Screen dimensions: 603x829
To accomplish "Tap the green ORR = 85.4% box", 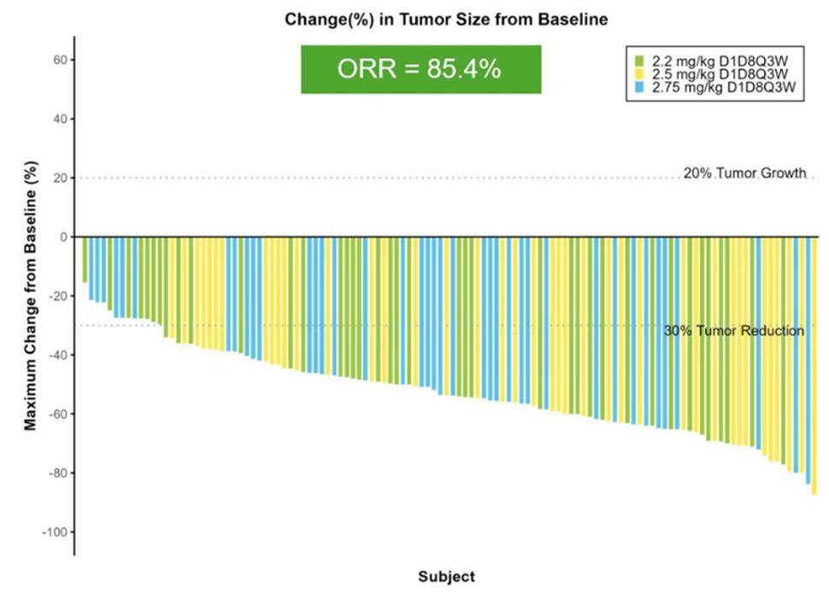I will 420,69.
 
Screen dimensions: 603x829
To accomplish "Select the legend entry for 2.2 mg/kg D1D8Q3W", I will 723,60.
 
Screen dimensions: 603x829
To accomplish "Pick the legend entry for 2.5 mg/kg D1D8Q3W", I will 723,73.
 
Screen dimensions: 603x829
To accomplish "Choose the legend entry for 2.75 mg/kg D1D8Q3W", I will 723,87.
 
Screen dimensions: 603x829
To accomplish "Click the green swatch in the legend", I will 638,60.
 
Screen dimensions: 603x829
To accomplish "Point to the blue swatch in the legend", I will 638,87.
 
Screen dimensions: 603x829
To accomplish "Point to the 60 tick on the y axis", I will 61,60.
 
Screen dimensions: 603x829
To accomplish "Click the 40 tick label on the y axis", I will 61,119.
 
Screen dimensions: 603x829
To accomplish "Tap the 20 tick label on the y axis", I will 61,178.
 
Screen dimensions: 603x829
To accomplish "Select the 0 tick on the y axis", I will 64,237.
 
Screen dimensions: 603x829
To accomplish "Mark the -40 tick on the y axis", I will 58,355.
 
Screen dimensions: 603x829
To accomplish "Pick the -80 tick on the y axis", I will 58,473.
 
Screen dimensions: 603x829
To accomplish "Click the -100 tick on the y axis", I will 56,532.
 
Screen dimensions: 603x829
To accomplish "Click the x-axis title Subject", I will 446,577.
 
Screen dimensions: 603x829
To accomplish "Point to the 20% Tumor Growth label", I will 744,173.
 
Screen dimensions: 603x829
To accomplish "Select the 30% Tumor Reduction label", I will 733,331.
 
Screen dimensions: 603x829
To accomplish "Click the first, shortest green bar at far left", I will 85,259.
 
